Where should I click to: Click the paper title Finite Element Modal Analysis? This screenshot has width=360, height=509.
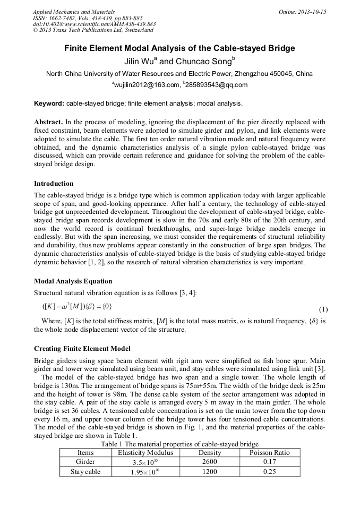click(x=179, y=48)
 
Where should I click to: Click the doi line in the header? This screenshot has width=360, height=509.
click(x=94, y=24)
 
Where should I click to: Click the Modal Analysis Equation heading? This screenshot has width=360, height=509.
click(x=73, y=281)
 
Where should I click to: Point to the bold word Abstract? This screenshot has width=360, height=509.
click(x=48, y=122)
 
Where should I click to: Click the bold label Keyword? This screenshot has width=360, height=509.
click(x=49, y=103)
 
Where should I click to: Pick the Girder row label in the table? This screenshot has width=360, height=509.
click(x=85, y=462)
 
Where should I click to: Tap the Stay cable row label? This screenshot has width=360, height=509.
click(x=85, y=471)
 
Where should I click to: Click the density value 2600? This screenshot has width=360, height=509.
click(x=210, y=462)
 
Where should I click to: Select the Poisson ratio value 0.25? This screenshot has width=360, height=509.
click(x=269, y=471)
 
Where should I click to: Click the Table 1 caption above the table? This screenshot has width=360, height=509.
click(x=179, y=444)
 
